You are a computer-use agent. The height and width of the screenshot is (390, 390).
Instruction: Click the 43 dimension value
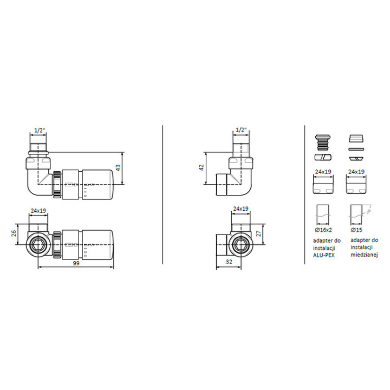(x=119, y=167)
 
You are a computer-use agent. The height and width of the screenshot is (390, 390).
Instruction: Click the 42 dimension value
(x=201, y=167)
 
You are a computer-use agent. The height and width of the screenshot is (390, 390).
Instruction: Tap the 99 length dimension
(x=76, y=263)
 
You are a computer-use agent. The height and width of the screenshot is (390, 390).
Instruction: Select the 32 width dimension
(x=229, y=262)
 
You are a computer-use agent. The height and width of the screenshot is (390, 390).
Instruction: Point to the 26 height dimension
(x=14, y=233)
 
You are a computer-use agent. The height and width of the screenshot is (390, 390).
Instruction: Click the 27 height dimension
(x=259, y=233)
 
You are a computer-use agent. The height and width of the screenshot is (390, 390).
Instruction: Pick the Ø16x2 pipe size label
(x=323, y=230)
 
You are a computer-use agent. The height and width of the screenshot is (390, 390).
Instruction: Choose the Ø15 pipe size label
(x=356, y=230)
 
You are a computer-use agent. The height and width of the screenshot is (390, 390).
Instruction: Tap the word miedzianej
(x=365, y=255)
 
